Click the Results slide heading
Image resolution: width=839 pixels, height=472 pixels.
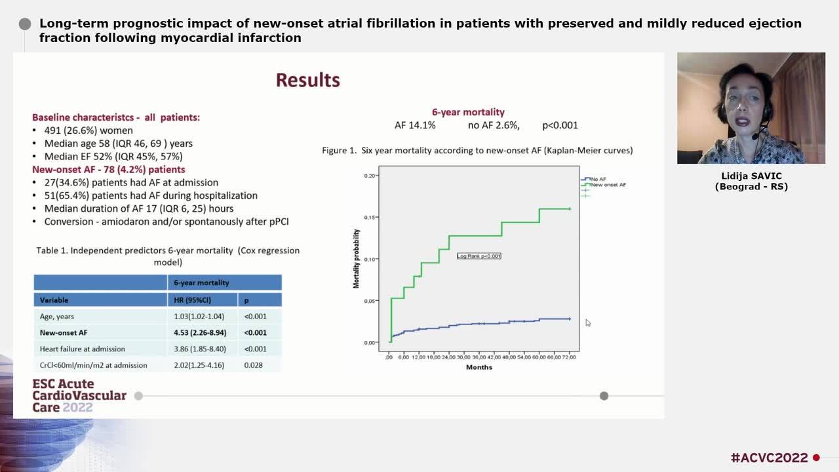[307, 80]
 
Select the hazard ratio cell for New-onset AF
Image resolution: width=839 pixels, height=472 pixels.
[200, 332]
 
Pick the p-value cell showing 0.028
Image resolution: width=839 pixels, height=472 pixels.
[254, 365]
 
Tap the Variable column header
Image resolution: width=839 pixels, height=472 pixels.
[54, 300]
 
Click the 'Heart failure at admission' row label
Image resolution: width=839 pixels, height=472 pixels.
[82, 349]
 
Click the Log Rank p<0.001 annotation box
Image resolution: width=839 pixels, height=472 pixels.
[478, 256]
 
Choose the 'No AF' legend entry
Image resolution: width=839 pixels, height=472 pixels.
[597, 179]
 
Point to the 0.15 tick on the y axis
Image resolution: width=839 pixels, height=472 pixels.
[370, 217]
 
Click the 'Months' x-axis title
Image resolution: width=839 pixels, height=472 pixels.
[478, 367]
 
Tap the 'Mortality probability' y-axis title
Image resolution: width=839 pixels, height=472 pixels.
[357, 258]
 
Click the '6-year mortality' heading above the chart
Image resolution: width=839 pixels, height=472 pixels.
[468, 112]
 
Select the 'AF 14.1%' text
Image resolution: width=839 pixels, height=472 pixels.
[414, 125]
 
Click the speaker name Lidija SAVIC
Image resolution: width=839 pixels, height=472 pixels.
[751, 176]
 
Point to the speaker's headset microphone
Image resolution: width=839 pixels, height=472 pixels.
[754, 136]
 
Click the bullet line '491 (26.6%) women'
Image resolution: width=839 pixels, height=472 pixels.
[88, 130]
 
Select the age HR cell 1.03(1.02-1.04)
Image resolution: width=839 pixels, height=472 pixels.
[199, 316]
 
